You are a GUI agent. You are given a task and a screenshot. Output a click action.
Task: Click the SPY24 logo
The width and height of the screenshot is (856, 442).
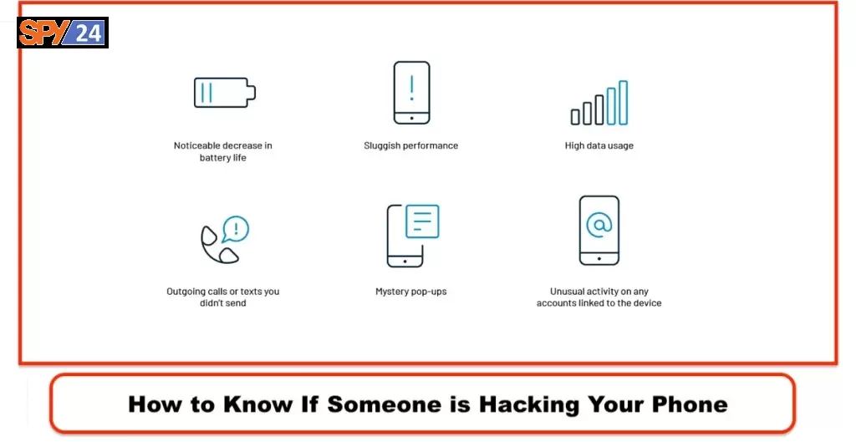tap(62, 33)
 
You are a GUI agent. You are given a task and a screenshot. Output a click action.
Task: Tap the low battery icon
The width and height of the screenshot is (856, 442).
tap(224, 92)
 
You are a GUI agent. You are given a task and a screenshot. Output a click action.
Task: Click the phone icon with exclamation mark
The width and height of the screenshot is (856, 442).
tap(411, 93)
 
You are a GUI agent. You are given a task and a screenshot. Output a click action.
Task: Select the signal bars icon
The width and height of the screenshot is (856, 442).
tap(599, 103)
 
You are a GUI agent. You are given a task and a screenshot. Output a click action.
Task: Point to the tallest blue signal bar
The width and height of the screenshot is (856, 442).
tap(623, 103)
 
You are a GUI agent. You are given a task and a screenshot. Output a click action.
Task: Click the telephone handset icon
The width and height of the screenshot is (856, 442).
tap(218, 245)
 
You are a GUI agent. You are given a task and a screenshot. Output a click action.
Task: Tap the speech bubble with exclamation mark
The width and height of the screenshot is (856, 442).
tap(236, 229)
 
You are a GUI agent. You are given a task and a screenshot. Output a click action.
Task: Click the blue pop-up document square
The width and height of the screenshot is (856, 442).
tap(422, 221)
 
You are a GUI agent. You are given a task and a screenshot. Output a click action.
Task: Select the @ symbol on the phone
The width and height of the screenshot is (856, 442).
tap(599, 224)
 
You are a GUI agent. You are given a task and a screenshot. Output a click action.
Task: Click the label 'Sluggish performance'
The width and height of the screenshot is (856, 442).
tap(411, 145)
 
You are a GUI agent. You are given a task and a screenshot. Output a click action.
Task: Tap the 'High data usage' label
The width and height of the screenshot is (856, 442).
tap(599, 145)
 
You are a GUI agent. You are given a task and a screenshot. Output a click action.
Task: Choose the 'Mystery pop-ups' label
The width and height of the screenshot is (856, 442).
tap(411, 292)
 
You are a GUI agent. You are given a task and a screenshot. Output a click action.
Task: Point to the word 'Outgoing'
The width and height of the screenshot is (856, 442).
tap(186, 292)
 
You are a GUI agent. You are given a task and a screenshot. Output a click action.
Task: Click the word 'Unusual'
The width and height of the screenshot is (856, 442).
tap(567, 292)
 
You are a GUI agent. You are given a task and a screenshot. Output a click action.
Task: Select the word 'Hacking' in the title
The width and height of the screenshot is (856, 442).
tap(529, 404)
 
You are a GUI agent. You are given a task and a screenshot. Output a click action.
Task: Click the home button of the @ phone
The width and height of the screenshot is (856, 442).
tap(599, 259)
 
